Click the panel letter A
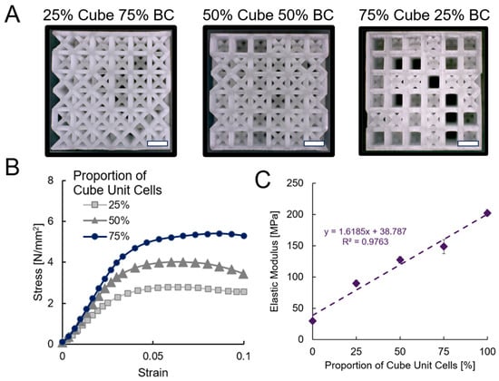(13, 15)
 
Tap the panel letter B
(12, 168)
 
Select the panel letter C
(263, 181)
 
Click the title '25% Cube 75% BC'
(109, 15)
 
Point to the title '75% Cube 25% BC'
(425, 15)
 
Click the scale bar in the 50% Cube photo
(314, 143)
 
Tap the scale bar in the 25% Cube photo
(158, 143)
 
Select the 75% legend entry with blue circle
(107, 237)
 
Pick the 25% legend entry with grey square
(107, 205)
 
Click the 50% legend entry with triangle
(107, 220)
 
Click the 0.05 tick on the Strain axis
(153, 356)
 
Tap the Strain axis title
(153, 372)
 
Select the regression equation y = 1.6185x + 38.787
(366, 231)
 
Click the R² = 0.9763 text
(366, 242)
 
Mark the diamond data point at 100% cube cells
(487, 213)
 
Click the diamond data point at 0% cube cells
(312, 321)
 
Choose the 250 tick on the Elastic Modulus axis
(296, 183)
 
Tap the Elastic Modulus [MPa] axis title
(275, 260)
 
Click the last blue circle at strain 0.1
(244, 236)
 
